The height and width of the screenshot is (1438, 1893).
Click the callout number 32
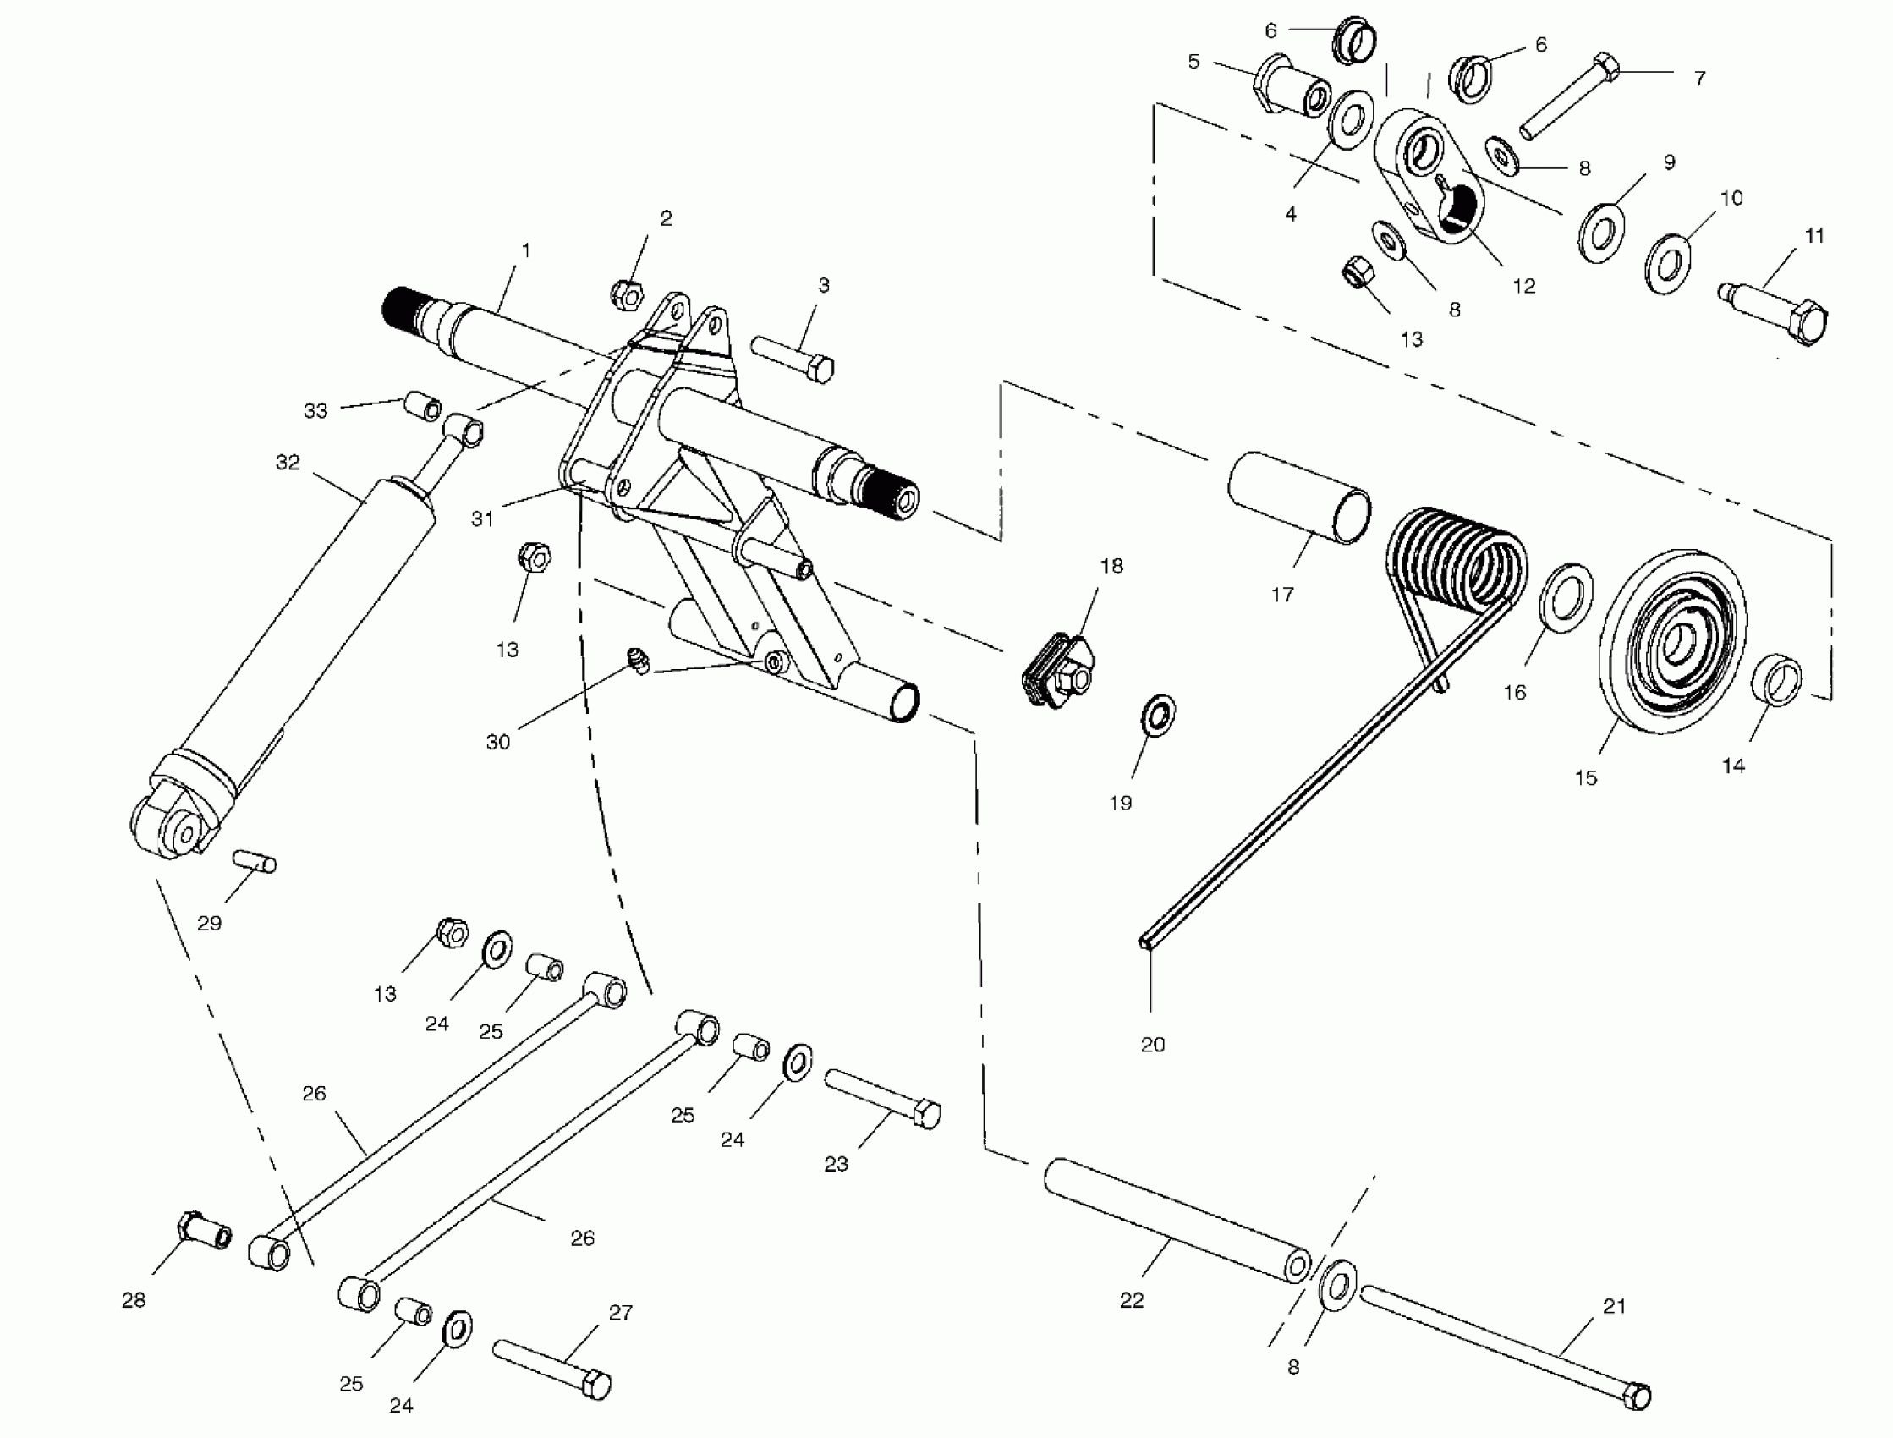[288, 463]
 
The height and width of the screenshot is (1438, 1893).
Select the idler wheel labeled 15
[1672, 640]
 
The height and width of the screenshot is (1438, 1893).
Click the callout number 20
[1153, 1046]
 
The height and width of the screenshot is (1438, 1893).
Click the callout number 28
[134, 1300]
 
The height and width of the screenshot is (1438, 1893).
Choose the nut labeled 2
[628, 295]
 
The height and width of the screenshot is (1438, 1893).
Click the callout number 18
[1111, 566]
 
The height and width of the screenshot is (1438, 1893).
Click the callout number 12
[1524, 287]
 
